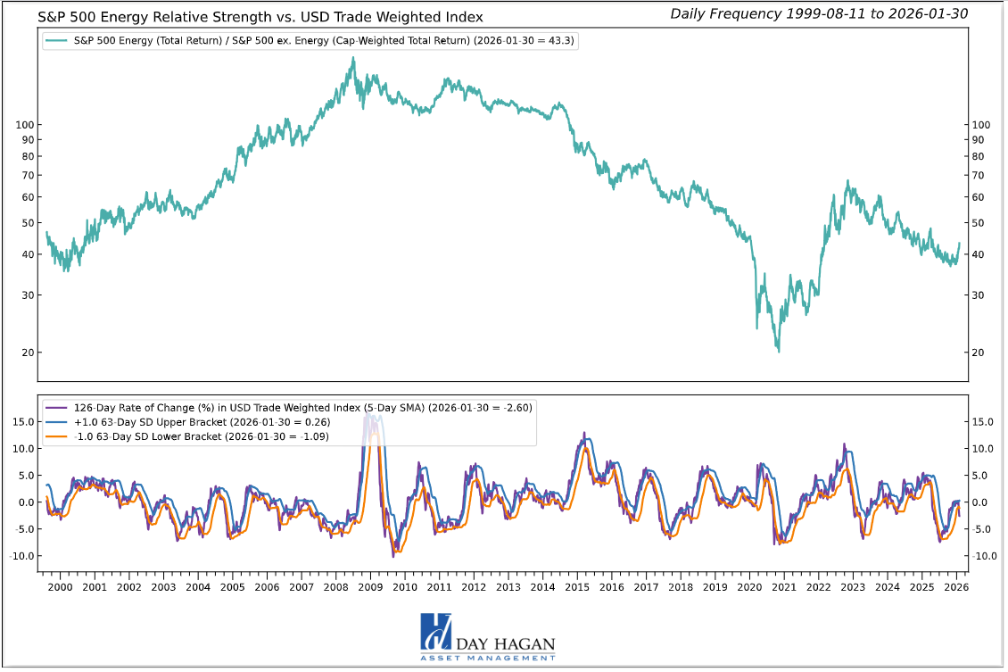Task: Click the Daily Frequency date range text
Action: (x=818, y=13)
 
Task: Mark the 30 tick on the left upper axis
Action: (x=26, y=295)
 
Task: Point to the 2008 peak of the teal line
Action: (x=353, y=58)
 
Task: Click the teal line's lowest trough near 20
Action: (x=778, y=351)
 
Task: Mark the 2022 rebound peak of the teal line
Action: (x=847, y=181)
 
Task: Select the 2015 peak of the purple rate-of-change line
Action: (x=584, y=433)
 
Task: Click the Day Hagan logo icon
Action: (x=436, y=632)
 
